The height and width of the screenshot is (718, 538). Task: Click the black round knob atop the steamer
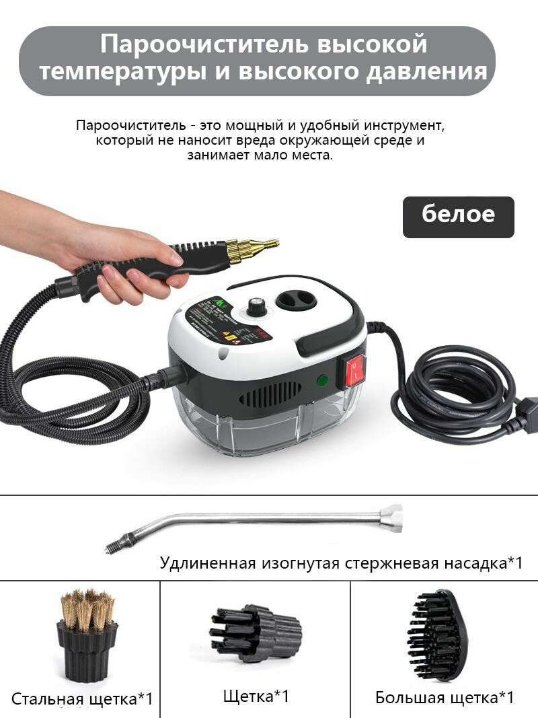tap(256, 307)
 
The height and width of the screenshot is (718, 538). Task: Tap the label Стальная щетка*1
tap(82, 698)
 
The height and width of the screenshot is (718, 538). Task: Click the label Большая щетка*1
tap(445, 697)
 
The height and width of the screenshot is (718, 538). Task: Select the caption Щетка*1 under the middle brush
tap(256, 695)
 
